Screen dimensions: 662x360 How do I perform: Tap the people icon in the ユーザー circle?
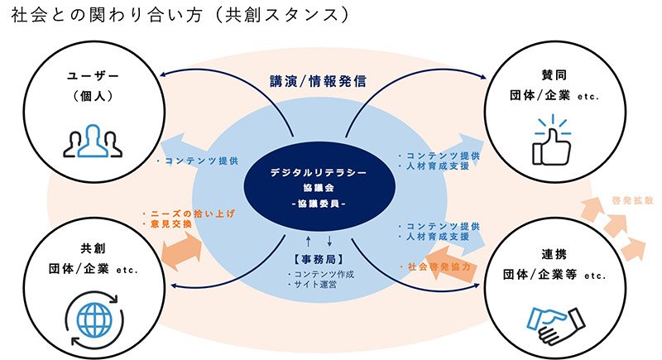tap(93, 141)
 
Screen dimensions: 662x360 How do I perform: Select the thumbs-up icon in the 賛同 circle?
tap(552, 140)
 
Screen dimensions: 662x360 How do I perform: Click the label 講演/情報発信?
tap(318, 81)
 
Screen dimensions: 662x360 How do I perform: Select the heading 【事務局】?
tap(319, 259)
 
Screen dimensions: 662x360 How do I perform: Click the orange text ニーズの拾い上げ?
tap(193, 214)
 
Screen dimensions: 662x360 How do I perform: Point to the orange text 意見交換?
tap(171, 224)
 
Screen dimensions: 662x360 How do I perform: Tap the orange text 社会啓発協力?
tap(439, 266)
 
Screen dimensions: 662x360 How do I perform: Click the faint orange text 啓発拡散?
tap(632, 201)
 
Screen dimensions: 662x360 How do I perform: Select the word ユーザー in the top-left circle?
tap(93, 76)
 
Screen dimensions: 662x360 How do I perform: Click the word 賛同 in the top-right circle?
tap(554, 75)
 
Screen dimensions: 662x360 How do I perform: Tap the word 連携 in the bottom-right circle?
tap(554, 255)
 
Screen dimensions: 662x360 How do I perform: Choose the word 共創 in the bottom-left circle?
tap(93, 248)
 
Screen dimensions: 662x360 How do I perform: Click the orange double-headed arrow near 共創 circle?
tap(182, 251)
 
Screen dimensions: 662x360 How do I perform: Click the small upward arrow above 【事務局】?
tap(308, 242)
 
